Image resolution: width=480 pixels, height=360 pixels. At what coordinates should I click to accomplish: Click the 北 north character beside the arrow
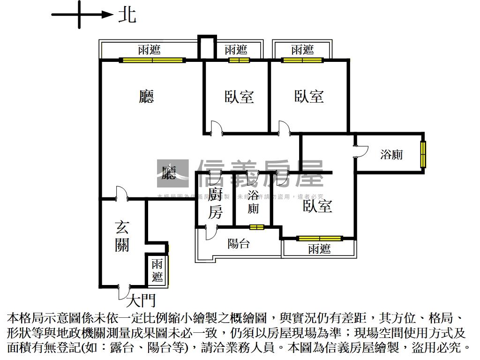[x=127, y=15]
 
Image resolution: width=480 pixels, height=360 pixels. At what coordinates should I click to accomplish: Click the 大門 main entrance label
[x=141, y=300]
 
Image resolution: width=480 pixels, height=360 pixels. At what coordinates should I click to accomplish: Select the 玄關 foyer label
[x=122, y=237]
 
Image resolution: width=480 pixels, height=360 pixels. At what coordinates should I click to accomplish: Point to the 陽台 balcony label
[x=239, y=244]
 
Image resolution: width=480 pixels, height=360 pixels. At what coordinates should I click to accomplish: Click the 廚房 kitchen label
[x=215, y=203]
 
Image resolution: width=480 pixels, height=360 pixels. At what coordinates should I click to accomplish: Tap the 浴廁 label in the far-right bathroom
[x=391, y=154]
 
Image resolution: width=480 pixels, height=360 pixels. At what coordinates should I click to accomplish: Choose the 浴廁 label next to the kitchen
[x=253, y=202]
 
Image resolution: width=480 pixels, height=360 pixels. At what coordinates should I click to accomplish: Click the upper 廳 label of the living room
[x=147, y=97]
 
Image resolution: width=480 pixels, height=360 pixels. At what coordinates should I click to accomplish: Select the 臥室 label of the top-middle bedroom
[x=239, y=97]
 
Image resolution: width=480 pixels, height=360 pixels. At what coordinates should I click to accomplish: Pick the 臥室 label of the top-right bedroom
[x=309, y=97]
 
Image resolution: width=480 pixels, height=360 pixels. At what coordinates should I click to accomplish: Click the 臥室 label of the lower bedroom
[x=318, y=206]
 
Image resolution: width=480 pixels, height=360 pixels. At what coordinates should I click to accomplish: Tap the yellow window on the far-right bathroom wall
[x=423, y=153]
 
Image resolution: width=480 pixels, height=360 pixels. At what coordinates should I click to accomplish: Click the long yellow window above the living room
[x=152, y=60]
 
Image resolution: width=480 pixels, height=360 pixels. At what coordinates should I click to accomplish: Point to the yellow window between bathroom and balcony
[x=256, y=227]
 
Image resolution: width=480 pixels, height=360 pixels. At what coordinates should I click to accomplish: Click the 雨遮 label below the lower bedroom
[x=319, y=249]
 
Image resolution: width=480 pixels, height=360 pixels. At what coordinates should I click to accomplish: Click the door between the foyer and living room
[x=120, y=194]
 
